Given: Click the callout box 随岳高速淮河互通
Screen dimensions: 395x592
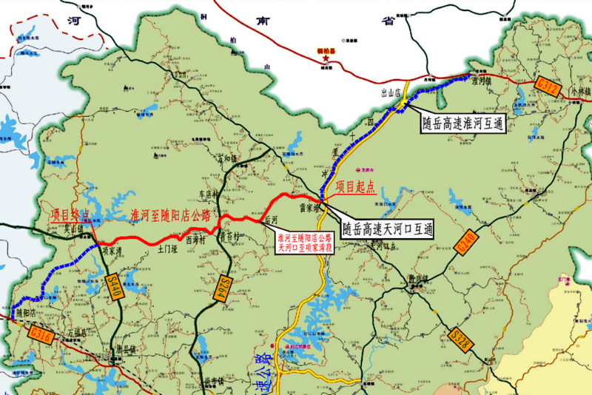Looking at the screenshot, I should pyautogui.click(x=463, y=122).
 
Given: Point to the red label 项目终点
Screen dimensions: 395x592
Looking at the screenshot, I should pyautogui.click(x=71, y=215).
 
